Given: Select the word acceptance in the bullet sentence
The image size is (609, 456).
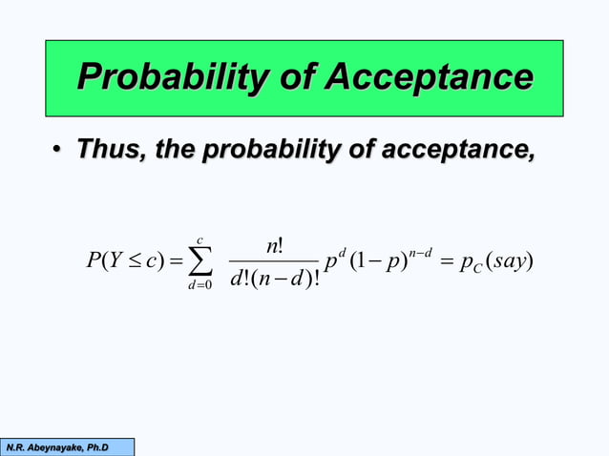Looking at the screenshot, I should (x=457, y=150).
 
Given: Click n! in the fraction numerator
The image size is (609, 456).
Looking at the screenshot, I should (x=274, y=245).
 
